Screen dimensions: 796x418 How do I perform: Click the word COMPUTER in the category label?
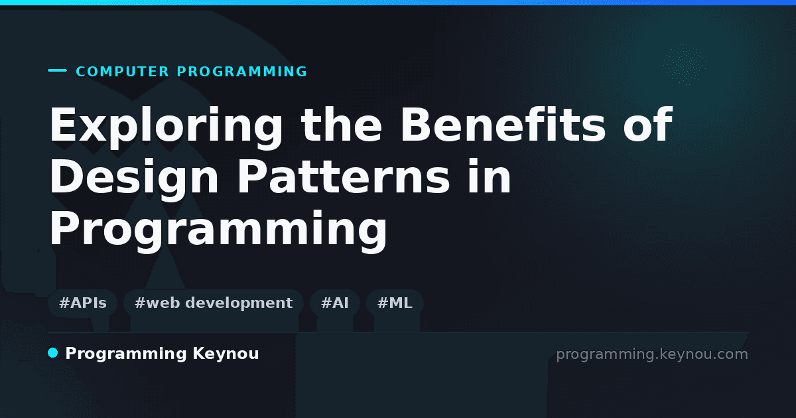(x=122, y=72)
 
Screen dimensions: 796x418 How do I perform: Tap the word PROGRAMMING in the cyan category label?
(x=242, y=72)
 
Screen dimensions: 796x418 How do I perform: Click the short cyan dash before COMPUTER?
(x=57, y=70)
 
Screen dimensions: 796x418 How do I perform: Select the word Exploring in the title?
(x=166, y=127)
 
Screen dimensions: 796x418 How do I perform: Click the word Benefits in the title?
(x=503, y=125)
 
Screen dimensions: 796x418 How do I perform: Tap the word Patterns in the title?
(x=344, y=176)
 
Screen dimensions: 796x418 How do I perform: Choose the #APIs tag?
(x=82, y=303)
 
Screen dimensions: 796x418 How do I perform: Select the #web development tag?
(x=214, y=303)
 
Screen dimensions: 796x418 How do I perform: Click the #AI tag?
(x=335, y=303)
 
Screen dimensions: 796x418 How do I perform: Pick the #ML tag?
(x=395, y=303)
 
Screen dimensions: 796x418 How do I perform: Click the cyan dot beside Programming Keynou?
(x=53, y=353)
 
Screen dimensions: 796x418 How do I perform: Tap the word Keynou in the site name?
(x=226, y=354)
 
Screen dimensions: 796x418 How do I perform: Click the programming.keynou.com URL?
(x=652, y=355)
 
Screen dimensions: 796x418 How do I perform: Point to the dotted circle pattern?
(x=685, y=64)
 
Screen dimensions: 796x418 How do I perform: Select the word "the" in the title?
(x=341, y=125)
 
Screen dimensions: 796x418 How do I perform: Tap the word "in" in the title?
(x=490, y=176)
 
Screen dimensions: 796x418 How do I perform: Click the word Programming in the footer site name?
(x=126, y=354)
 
